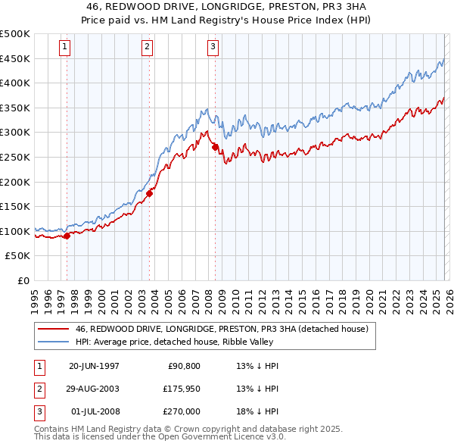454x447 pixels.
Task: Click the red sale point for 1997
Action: point(67,236)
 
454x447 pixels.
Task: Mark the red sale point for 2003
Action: point(149,193)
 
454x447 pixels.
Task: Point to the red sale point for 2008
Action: point(215,147)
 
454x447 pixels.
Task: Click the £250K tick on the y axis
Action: point(15,157)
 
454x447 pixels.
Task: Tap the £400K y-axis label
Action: point(15,83)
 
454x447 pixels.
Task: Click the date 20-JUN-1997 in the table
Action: point(94,366)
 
